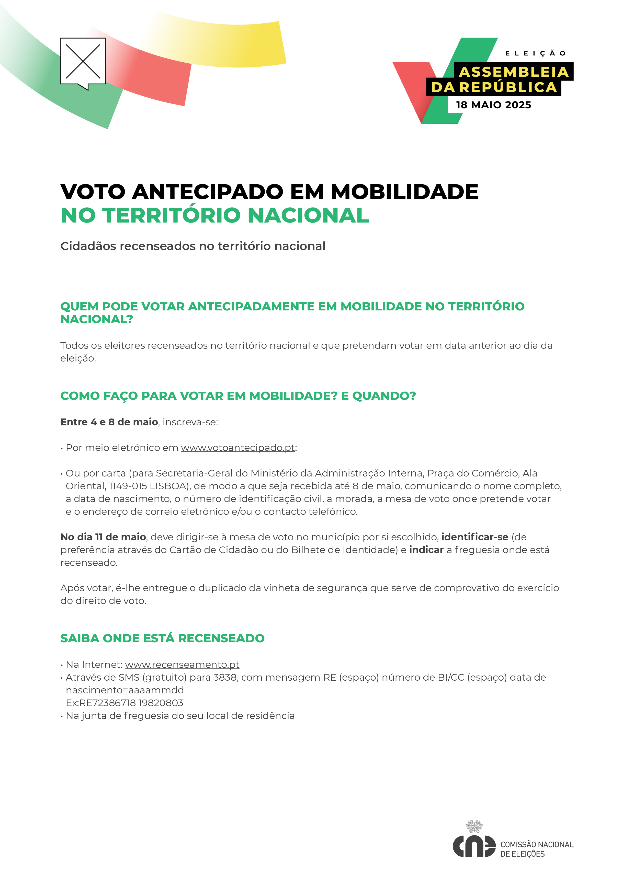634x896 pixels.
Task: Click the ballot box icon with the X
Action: click(x=83, y=62)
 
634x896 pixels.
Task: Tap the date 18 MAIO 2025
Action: click(x=493, y=105)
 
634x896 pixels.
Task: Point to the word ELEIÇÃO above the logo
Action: click(x=535, y=53)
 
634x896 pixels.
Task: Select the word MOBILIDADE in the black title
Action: click(x=404, y=192)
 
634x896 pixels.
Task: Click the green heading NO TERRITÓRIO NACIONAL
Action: click(x=215, y=215)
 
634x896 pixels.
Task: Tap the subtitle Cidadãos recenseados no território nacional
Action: click(x=193, y=246)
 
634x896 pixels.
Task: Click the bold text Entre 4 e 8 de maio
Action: click(x=109, y=422)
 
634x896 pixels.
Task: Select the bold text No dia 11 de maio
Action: click(x=103, y=537)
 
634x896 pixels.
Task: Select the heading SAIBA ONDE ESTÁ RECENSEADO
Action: click(x=162, y=638)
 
